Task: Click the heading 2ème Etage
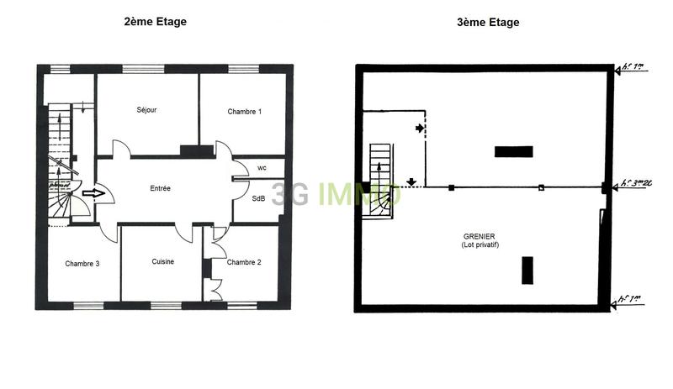pyautogui.click(x=155, y=22)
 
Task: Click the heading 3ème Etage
pyautogui.click(x=487, y=23)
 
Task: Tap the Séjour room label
pyautogui.click(x=147, y=110)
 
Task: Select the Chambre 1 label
pyautogui.click(x=244, y=112)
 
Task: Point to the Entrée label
pyautogui.click(x=160, y=188)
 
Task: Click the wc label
pyautogui.click(x=262, y=168)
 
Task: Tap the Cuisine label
pyautogui.click(x=163, y=262)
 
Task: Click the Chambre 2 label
pyautogui.click(x=244, y=262)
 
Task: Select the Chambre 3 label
pyautogui.click(x=82, y=264)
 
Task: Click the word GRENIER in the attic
pyautogui.click(x=480, y=236)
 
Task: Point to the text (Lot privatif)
pyautogui.click(x=480, y=244)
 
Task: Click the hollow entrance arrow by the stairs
pyautogui.click(x=93, y=193)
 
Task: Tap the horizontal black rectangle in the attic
pyautogui.click(x=513, y=152)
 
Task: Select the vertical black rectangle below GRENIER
pyautogui.click(x=527, y=271)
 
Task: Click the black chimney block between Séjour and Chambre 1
pyautogui.click(x=196, y=151)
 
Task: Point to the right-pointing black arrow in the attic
pyautogui.click(x=420, y=129)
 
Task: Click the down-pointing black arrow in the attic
pyautogui.click(x=411, y=181)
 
